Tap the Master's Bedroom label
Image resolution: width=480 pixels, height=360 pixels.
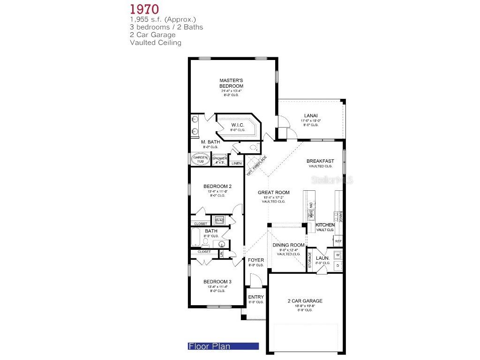click(231, 83)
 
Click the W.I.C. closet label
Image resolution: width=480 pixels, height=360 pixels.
click(237, 125)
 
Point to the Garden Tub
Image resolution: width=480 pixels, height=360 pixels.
click(200, 159)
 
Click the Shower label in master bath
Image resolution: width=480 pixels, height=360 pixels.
click(220, 158)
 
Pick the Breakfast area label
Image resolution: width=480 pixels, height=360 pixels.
click(320, 161)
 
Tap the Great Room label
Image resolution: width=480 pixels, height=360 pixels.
click(273, 192)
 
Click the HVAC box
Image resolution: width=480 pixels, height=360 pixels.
click(219, 220)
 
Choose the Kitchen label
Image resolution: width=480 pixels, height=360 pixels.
click(325, 225)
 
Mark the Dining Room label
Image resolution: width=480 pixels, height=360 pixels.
click(288, 245)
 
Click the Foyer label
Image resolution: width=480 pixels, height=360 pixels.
click(256, 260)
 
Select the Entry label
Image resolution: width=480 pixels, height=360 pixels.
click(256, 297)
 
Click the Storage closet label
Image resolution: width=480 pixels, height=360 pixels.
click(310, 261)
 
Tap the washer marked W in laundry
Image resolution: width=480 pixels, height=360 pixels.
click(338, 255)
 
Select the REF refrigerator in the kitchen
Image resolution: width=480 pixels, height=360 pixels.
click(338, 241)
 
